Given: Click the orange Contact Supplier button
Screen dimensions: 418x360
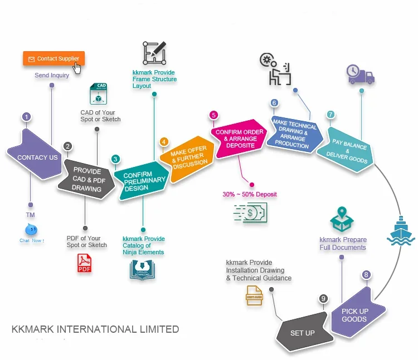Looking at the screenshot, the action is pos(54,58).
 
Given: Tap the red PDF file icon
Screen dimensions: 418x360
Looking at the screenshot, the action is pos(84,263).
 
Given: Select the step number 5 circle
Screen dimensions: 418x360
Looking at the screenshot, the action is pos(213,115).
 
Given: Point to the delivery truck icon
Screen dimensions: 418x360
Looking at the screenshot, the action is pos(360,74).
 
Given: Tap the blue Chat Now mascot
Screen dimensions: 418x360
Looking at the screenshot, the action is pos(31,230).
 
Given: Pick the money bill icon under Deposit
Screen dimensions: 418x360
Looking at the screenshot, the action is pos(251,213).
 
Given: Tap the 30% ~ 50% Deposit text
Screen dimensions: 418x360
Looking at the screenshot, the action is pos(249,194).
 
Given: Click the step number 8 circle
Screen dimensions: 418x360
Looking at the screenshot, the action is pos(366,274).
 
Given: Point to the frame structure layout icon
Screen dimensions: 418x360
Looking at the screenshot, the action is pos(154,53).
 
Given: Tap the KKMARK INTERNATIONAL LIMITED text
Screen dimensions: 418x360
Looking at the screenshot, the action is pos(95,329).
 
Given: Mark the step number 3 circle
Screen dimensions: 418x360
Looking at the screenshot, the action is pos(115,159).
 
